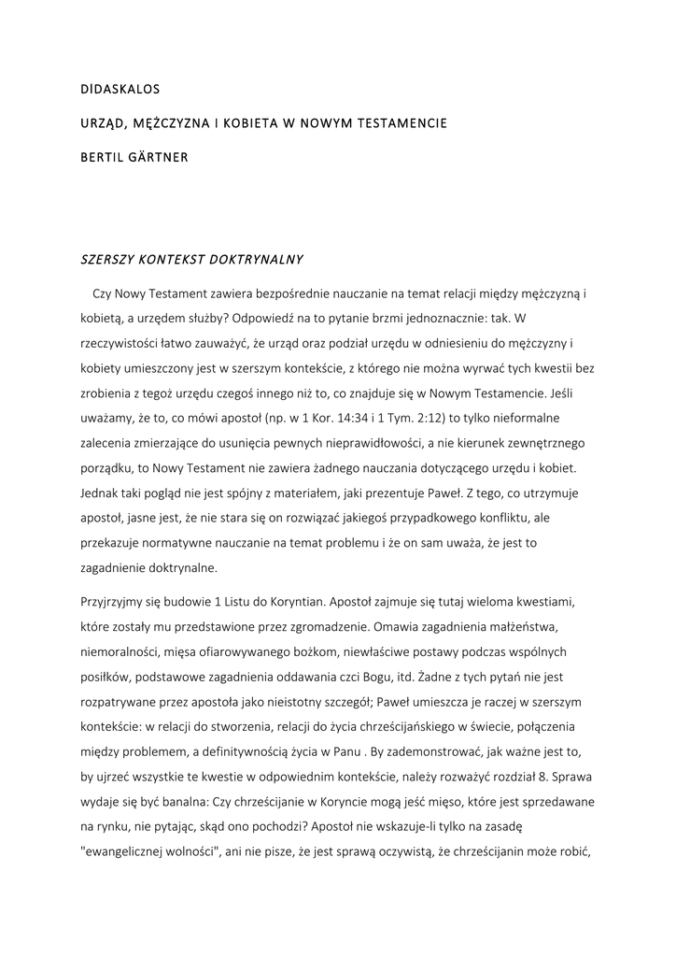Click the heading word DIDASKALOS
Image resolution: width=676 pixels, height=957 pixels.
coord(120,90)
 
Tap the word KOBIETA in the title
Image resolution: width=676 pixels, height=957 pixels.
coord(233,123)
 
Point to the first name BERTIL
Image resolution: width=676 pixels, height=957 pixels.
coord(100,157)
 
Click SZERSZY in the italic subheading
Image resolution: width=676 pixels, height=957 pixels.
coord(106,257)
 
